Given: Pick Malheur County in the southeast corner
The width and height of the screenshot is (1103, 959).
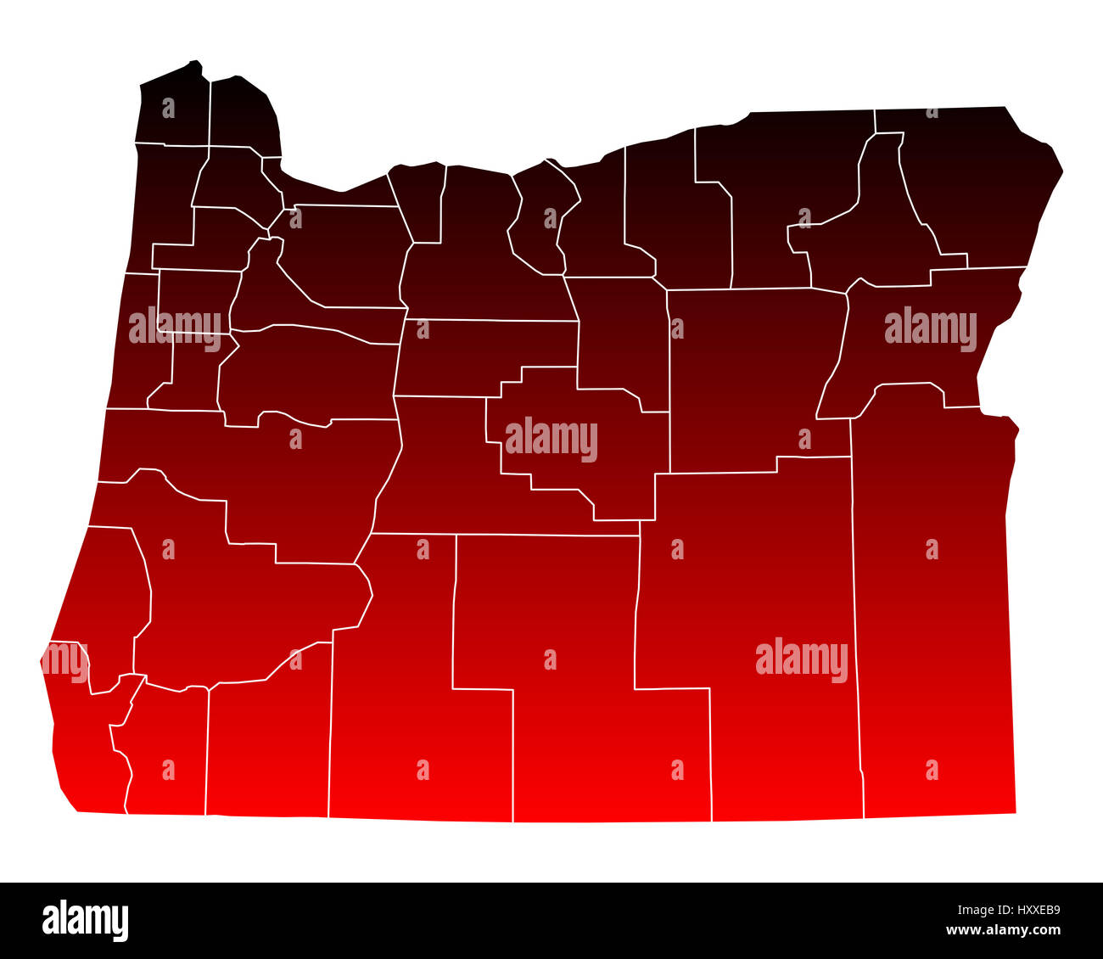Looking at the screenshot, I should pos(933,611).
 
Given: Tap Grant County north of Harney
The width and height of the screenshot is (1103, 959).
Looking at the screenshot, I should pos(747,382).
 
